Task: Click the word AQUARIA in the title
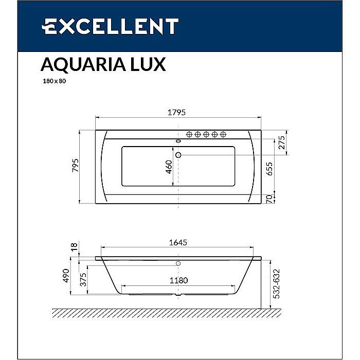click(x=80, y=64)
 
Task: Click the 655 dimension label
click(x=269, y=168)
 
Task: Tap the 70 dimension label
click(x=269, y=199)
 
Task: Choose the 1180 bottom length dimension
click(x=178, y=281)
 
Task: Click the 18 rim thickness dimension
click(x=74, y=248)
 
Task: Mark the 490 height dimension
click(x=66, y=277)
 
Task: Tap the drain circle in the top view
click(x=178, y=154)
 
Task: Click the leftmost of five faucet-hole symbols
click(x=189, y=135)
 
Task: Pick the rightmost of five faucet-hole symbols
click(x=223, y=135)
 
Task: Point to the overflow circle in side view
click(x=178, y=264)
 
